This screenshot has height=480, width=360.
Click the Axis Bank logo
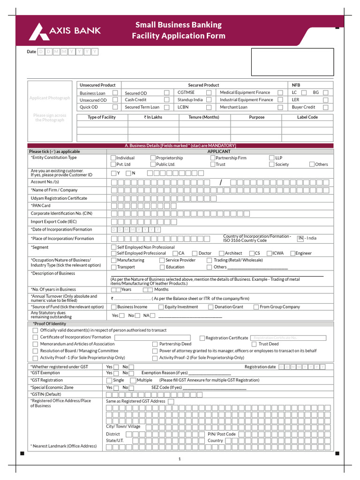65,31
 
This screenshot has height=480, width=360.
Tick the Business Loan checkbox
115,93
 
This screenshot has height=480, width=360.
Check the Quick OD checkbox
115,107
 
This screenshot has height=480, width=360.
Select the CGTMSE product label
186,92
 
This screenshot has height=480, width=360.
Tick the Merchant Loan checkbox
280,107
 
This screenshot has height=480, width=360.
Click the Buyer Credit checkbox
325,107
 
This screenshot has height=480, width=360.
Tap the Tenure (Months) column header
204,117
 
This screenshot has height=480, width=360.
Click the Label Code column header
307,117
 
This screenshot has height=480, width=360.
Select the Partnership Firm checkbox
212,158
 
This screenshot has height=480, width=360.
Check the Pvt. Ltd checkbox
113,165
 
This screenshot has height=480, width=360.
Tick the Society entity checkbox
272,165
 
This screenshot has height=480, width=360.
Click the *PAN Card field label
40,205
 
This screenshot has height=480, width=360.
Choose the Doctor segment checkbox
195,253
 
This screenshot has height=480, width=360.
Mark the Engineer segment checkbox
292,253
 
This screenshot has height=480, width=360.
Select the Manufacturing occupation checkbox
113,260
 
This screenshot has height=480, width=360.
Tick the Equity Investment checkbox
161,307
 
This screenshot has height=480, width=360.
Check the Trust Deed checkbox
255,344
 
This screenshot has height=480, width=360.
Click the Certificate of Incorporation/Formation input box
152,337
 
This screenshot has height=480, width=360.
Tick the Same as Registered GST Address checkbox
171,402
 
